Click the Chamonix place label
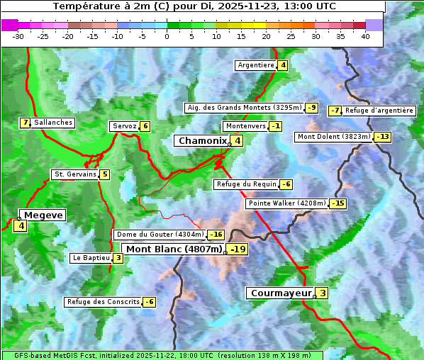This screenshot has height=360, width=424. (202, 141)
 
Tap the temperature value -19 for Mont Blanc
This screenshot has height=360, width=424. (238, 249)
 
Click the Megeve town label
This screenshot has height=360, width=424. (43, 215)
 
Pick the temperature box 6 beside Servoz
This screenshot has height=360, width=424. (145, 126)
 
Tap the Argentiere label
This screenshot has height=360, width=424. (256, 65)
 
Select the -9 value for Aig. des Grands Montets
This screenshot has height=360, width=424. (312, 108)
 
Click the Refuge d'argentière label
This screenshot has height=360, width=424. (379, 111)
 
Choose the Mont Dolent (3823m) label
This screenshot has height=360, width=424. (334, 137)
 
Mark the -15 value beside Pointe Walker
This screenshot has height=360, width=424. (338, 203)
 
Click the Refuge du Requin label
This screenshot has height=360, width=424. (246, 184)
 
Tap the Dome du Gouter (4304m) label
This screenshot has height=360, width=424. (160, 235)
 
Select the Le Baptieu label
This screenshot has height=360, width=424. (91, 258)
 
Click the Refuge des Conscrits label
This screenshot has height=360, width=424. (103, 302)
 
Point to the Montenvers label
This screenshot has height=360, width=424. (245, 126)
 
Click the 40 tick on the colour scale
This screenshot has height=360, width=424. (365, 36)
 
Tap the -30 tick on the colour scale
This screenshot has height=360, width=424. (18, 36)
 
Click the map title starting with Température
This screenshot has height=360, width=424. (194, 6)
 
